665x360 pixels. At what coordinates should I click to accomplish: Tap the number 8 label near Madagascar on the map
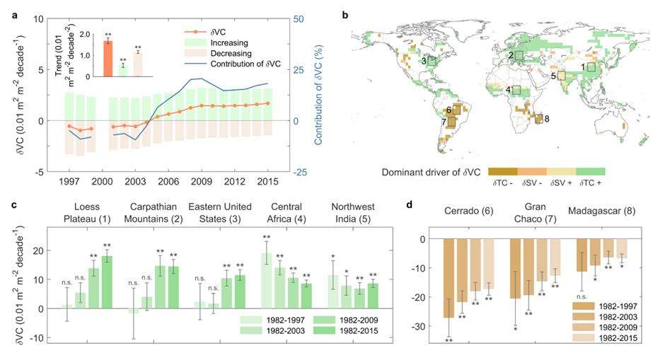547,118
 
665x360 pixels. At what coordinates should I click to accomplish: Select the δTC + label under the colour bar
589,182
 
